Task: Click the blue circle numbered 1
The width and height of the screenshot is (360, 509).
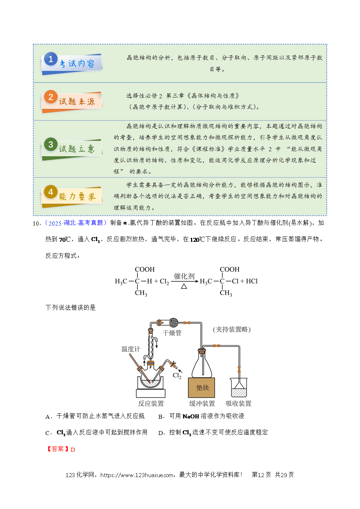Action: pyautogui.click(x=51, y=59)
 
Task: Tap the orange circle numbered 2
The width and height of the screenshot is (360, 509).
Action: pyautogui.click(x=51, y=97)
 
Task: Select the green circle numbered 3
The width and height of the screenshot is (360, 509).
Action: pyautogui.click(x=51, y=144)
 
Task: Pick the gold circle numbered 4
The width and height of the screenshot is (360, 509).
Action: pyautogui.click(x=51, y=192)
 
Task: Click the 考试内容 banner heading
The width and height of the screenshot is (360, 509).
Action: pyautogui.click(x=77, y=64)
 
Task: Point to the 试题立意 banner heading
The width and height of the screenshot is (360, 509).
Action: pyautogui.click(x=77, y=149)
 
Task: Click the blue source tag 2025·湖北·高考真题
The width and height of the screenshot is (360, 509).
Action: pyautogui.click(x=76, y=223)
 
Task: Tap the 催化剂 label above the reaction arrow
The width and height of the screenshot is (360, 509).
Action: pyautogui.click(x=184, y=276)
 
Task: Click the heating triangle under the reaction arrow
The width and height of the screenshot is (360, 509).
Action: pyautogui.click(x=184, y=286)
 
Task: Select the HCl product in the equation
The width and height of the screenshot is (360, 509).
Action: pyautogui.click(x=252, y=281)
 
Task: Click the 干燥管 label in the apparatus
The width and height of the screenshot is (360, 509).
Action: pyautogui.click(x=172, y=333)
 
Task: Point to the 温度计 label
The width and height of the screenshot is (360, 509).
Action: pyautogui.click(x=131, y=349)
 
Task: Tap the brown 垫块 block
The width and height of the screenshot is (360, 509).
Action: pyautogui.click(x=202, y=388)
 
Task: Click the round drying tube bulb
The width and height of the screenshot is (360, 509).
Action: pyautogui.click(x=174, y=322)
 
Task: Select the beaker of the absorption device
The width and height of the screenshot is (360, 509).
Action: pyautogui.click(x=239, y=388)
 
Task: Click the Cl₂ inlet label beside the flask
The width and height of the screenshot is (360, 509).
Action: pyautogui.click(x=177, y=375)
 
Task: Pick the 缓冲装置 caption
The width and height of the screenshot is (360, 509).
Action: pyautogui.click(x=202, y=404)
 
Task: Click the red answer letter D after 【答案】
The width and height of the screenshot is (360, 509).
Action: pyautogui.click(x=73, y=450)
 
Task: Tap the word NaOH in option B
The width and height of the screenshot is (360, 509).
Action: pyautogui.click(x=191, y=416)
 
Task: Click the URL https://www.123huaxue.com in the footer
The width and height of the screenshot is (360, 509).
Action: pyautogui.click(x=137, y=475)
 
